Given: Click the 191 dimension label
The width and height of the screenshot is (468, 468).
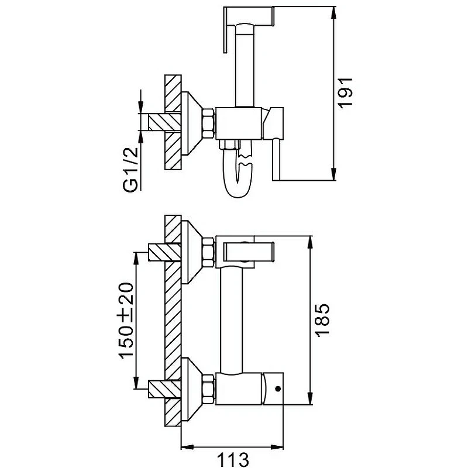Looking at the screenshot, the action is point(345,92).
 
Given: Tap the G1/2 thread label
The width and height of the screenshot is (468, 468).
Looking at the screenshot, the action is point(130,169).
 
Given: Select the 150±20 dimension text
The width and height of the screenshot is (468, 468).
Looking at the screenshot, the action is point(126,320).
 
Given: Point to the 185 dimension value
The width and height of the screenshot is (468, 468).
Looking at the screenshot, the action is point(322,320).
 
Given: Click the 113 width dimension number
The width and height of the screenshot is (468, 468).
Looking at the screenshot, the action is point(232,460).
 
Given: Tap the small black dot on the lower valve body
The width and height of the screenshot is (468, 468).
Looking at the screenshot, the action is point(278,388).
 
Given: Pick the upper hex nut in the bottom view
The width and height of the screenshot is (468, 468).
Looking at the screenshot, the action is point(208,252).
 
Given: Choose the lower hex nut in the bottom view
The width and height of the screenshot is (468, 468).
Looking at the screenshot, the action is point(208,389).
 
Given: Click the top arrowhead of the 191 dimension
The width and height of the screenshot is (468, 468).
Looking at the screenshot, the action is point(333,12).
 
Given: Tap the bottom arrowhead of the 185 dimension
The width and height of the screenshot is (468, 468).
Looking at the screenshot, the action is point(311,398).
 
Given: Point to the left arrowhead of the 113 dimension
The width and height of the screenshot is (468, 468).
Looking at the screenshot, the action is point(187,447).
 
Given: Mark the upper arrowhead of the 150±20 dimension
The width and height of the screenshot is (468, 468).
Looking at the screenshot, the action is point(136,259).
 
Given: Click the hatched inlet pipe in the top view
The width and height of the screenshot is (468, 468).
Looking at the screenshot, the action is point(164,122).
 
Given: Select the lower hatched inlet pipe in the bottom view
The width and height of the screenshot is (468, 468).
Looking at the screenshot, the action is point(164,389).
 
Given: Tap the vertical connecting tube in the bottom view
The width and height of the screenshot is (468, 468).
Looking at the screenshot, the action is point(231,320).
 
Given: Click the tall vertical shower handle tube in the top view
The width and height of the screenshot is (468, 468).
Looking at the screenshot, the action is point(245,66).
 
